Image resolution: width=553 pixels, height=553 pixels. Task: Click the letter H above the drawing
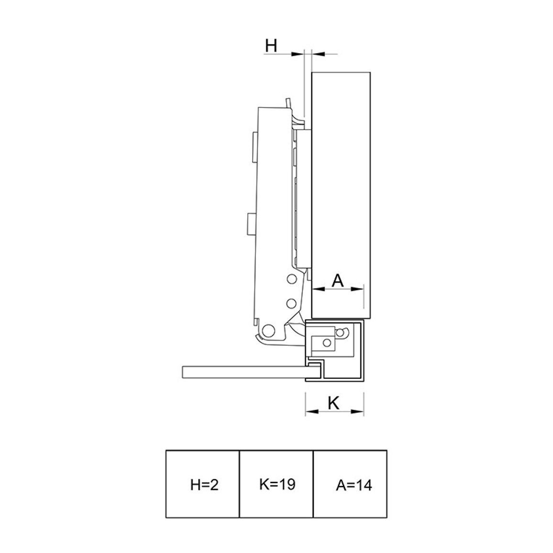pyautogui.click(x=271, y=46)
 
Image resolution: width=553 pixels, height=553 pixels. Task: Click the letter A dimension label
pyautogui.click(x=338, y=281)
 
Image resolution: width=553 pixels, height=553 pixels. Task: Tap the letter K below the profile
pyautogui.click(x=333, y=403)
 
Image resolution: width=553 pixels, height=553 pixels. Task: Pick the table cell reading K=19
pyautogui.click(x=276, y=484)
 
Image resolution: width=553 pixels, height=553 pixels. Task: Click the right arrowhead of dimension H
pyautogui.click(x=318, y=54)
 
